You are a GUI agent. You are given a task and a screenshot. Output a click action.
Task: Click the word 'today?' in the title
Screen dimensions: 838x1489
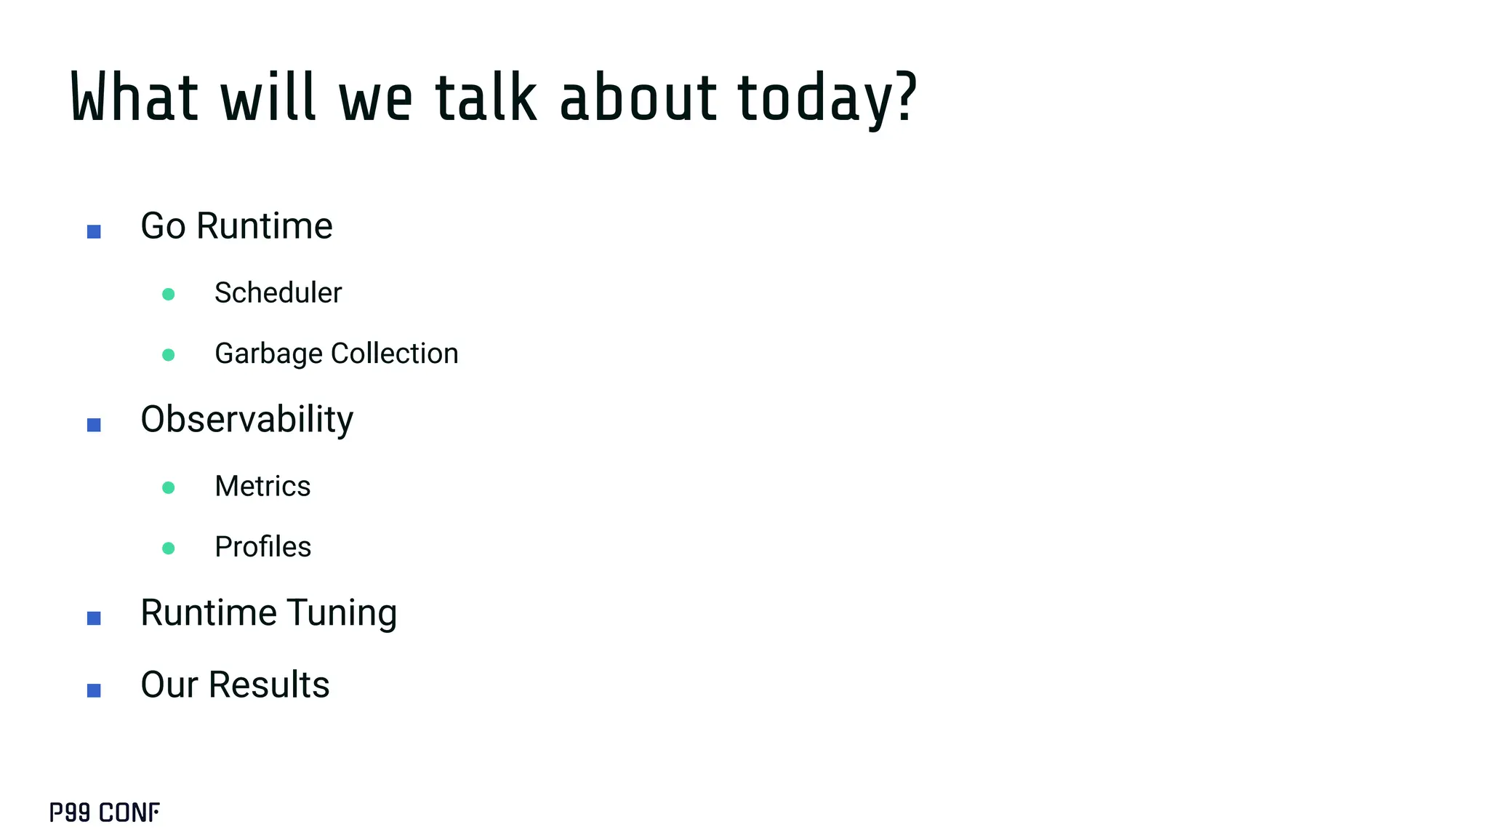[827, 98]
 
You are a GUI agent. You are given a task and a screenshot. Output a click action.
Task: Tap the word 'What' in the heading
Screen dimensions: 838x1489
[135, 98]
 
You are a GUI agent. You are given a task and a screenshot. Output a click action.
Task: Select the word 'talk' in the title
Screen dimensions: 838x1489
[486, 98]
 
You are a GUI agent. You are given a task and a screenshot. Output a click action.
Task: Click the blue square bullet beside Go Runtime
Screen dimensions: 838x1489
[94, 231]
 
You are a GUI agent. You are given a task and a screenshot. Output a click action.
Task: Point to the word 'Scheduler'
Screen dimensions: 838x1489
[278, 293]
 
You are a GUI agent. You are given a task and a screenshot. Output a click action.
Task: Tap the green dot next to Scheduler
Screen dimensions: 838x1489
[169, 295]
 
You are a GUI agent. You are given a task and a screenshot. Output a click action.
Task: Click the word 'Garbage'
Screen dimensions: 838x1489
[268, 354]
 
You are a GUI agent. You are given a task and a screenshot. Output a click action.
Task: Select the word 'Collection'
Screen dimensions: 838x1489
[394, 354]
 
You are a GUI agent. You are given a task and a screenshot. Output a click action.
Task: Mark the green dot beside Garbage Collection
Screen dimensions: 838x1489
[169, 355]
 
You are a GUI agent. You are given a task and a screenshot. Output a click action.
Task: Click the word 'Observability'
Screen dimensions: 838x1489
[246, 420]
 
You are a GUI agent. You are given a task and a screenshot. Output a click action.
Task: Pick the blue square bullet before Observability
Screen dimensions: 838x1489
[94, 425]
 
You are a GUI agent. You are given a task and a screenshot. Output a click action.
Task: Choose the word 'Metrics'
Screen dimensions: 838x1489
[262, 487]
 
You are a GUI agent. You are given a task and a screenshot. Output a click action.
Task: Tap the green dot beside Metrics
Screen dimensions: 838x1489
[169, 487]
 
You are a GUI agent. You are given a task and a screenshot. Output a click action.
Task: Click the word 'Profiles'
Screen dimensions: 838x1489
[262, 547]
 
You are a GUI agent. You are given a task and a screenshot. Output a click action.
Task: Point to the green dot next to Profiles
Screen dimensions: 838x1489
[169, 548]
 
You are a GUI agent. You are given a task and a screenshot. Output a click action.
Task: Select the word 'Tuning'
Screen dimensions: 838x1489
[341, 613]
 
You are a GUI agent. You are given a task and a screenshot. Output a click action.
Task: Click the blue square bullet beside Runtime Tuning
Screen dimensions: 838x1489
[94, 618]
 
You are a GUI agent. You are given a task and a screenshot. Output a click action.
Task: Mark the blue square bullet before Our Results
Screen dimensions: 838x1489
[94, 690]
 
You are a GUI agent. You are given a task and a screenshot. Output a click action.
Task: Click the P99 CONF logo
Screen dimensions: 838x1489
[105, 813]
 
